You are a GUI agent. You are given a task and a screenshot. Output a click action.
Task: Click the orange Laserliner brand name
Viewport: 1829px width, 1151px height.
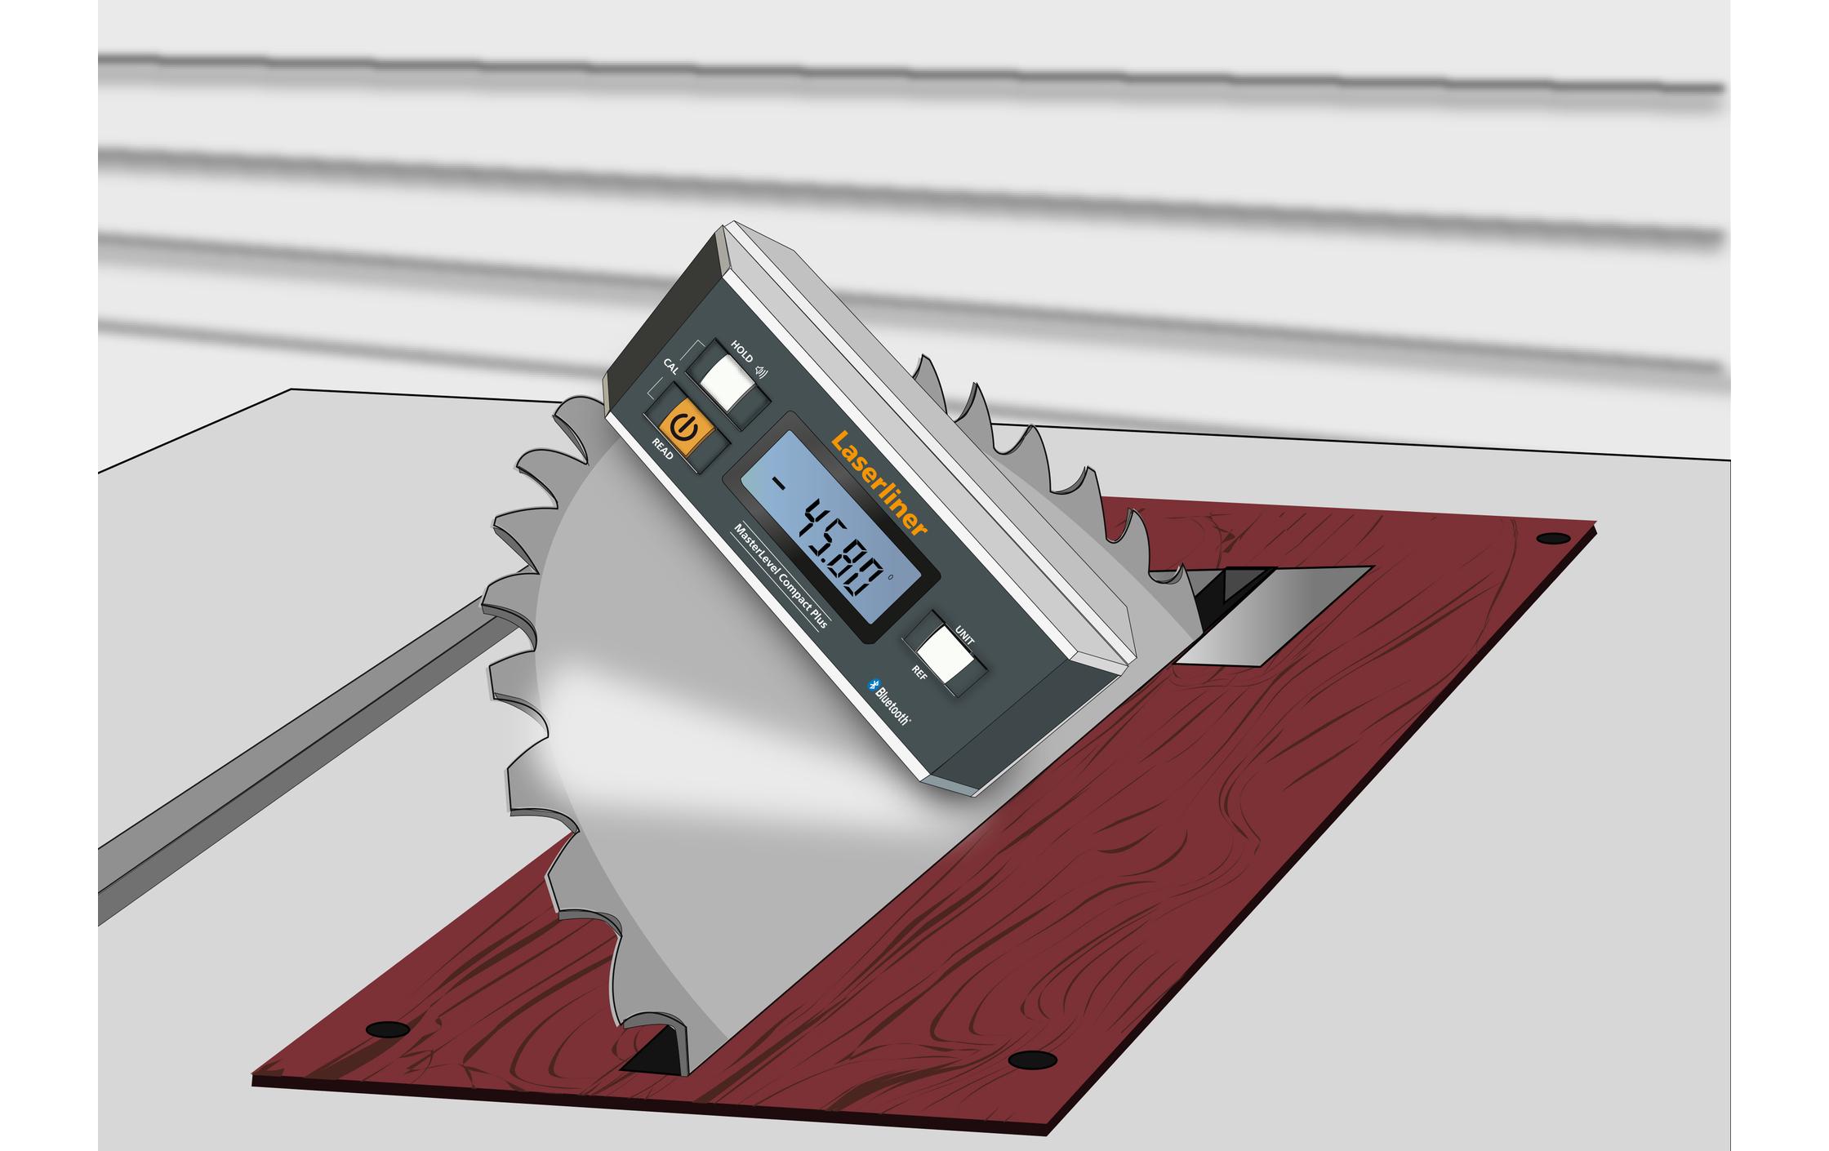(879, 483)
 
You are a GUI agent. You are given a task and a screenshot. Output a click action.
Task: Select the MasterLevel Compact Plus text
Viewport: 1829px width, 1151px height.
(781, 576)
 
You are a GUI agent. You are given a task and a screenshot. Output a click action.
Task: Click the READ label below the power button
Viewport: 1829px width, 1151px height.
(662, 449)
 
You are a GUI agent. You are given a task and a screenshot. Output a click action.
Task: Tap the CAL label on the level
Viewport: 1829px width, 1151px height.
(670, 366)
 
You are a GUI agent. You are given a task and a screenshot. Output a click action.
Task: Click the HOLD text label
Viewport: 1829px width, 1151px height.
(741, 352)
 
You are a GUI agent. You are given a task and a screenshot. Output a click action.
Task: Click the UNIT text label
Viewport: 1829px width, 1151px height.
(964, 636)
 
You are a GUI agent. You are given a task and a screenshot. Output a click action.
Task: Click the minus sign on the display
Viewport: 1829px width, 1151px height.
(780, 484)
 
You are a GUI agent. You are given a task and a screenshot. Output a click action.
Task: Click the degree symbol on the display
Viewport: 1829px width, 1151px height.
(889, 576)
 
